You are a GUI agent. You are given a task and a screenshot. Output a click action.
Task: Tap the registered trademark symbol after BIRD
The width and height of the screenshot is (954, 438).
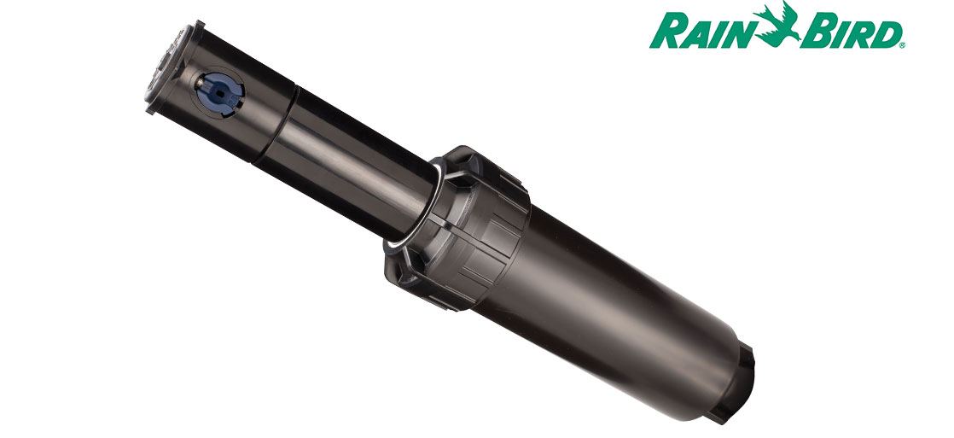[902, 45]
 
